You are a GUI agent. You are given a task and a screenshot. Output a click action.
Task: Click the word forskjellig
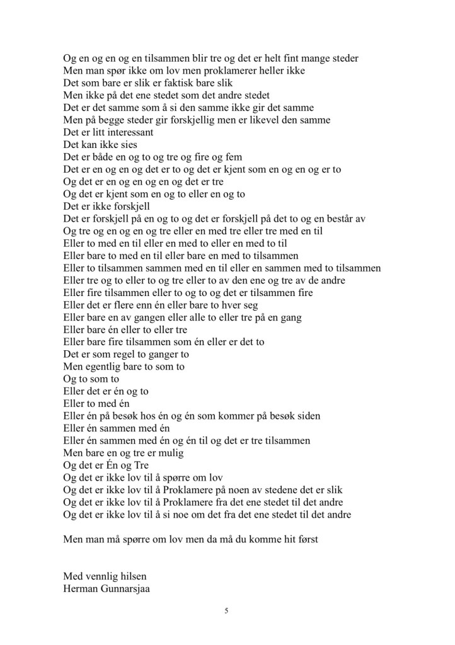179,120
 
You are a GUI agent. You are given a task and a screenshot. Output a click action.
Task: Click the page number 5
226,611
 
